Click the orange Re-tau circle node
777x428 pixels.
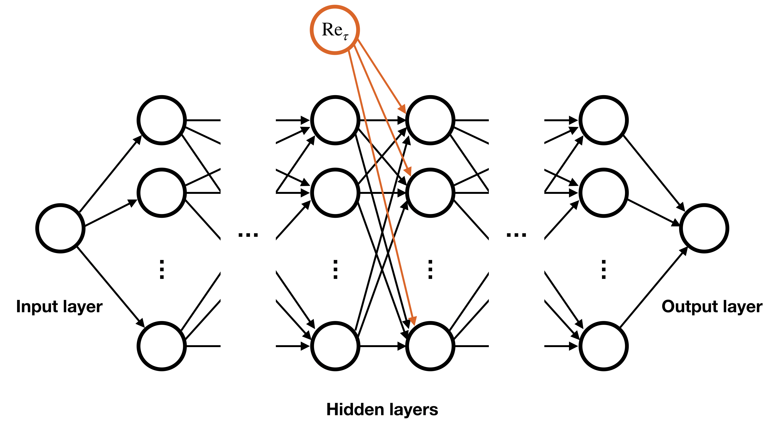point(335,30)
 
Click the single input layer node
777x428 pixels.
point(60,228)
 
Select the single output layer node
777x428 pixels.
point(704,228)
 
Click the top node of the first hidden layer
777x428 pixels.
point(162,120)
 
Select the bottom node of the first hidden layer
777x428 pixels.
point(162,346)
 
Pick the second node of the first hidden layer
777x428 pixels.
point(162,193)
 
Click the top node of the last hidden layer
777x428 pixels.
point(604,120)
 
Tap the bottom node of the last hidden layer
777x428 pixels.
point(604,346)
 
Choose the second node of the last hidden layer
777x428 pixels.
point(604,193)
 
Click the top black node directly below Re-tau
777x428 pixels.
point(335,120)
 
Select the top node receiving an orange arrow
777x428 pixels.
point(430,120)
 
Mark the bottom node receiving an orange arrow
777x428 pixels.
point(430,346)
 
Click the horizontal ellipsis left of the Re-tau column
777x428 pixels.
point(248,235)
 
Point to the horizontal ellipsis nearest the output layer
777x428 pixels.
point(516,235)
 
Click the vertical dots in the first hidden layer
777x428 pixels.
point(162,269)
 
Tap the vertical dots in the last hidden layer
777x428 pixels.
point(604,269)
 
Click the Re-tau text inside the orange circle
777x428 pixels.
point(335,31)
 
